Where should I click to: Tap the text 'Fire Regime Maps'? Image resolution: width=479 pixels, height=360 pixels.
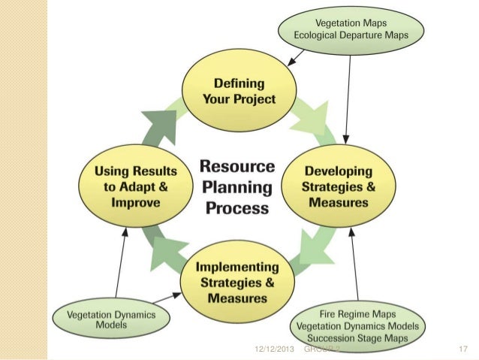(357, 314)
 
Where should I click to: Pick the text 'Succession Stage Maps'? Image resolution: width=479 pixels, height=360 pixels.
(357, 338)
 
